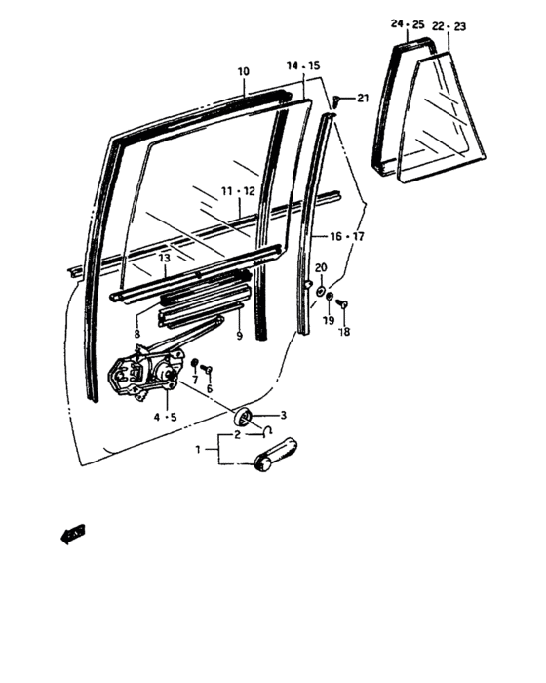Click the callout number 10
[243, 71]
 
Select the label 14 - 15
[303, 65]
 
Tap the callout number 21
[363, 99]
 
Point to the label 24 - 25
[409, 23]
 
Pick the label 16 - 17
[349, 237]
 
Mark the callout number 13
[165, 258]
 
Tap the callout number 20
[321, 267]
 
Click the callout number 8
[137, 334]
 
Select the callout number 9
[238, 337]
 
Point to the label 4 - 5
[164, 418]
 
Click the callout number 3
[284, 416]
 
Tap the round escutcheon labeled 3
[246, 418]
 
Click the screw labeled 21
[337, 100]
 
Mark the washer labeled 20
[321, 285]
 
